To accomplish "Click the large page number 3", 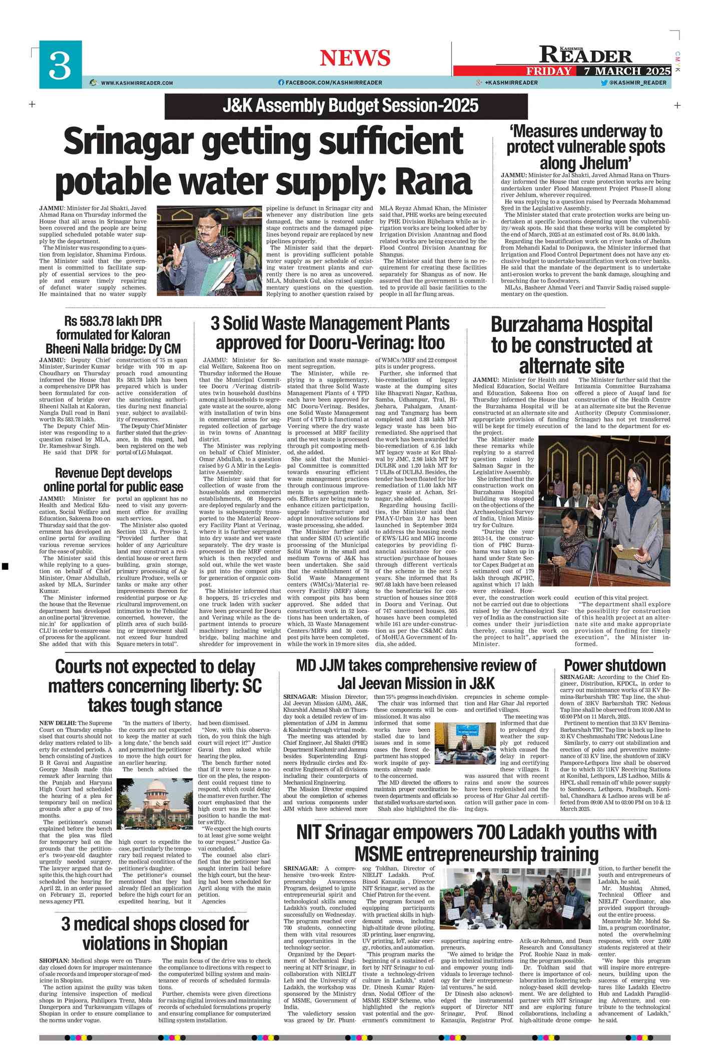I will click(x=60, y=65).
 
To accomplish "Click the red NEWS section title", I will click(x=355, y=58).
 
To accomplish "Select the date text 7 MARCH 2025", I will click(x=627, y=71).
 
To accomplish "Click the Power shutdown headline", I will click(x=614, y=665).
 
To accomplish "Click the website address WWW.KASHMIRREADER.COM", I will click(x=137, y=83).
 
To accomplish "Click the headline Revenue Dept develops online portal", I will click(x=114, y=480).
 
